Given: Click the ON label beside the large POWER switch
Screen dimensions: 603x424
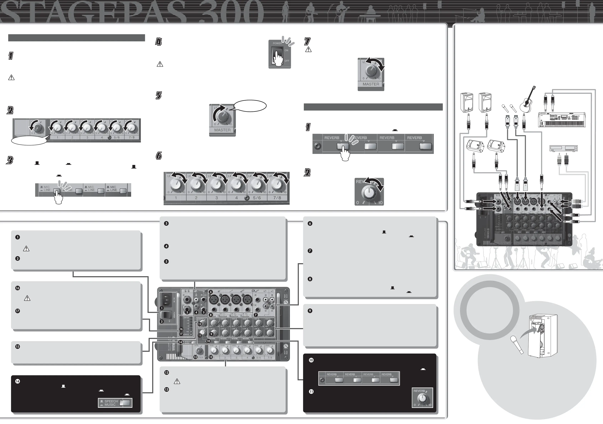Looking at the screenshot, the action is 286,50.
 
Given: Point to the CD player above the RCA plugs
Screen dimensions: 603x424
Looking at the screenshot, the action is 564,148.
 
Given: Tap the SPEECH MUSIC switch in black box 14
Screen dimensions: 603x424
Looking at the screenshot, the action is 125,403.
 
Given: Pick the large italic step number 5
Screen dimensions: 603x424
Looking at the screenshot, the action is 159,96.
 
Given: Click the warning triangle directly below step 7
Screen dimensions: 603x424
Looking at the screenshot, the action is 308,49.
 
